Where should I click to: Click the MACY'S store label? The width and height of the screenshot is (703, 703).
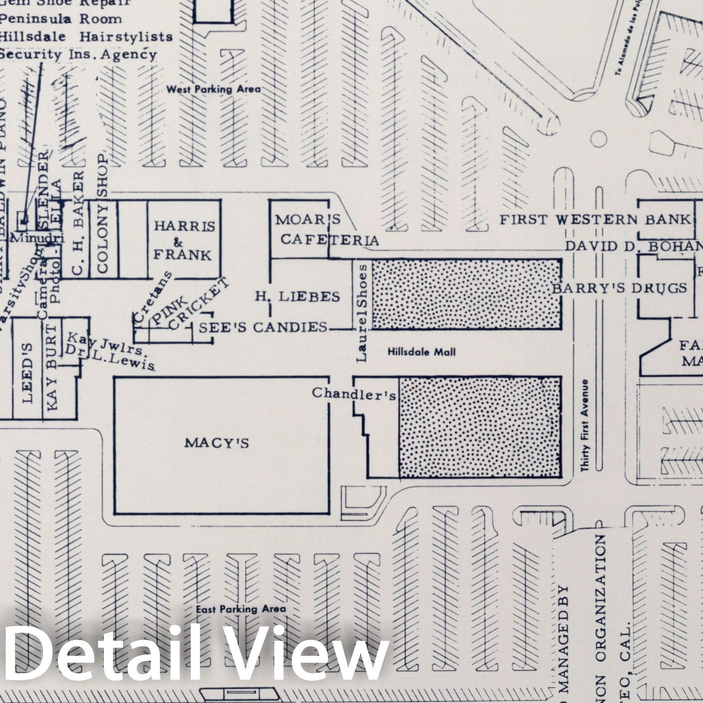[x=216, y=443]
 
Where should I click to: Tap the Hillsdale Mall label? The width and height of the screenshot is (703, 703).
[x=421, y=352]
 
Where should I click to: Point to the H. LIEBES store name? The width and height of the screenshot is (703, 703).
[x=297, y=297]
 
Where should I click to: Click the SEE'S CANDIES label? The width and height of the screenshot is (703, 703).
[x=263, y=328]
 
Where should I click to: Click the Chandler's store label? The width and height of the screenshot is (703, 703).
[x=354, y=394]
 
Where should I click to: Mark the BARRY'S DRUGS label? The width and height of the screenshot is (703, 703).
[x=619, y=288]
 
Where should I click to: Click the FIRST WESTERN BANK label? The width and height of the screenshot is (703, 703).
[x=596, y=219]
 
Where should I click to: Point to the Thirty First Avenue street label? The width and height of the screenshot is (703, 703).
[x=585, y=425]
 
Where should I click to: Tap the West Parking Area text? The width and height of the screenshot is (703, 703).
[x=213, y=89]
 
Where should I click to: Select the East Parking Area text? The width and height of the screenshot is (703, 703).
[x=241, y=609]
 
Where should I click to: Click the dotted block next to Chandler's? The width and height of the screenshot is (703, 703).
[x=480, y=427]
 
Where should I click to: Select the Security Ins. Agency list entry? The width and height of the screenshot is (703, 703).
[x=78, y=54]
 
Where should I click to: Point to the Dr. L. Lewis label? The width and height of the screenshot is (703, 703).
[x=110, y=358]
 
